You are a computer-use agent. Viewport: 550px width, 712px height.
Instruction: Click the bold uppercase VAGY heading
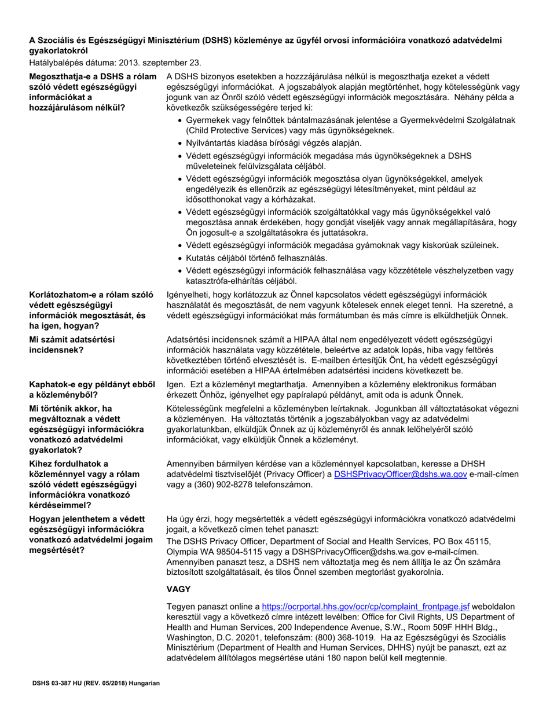178,589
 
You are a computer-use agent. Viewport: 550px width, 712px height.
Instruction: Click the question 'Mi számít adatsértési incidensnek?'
72,345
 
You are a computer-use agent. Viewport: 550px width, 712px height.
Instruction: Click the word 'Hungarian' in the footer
142,683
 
